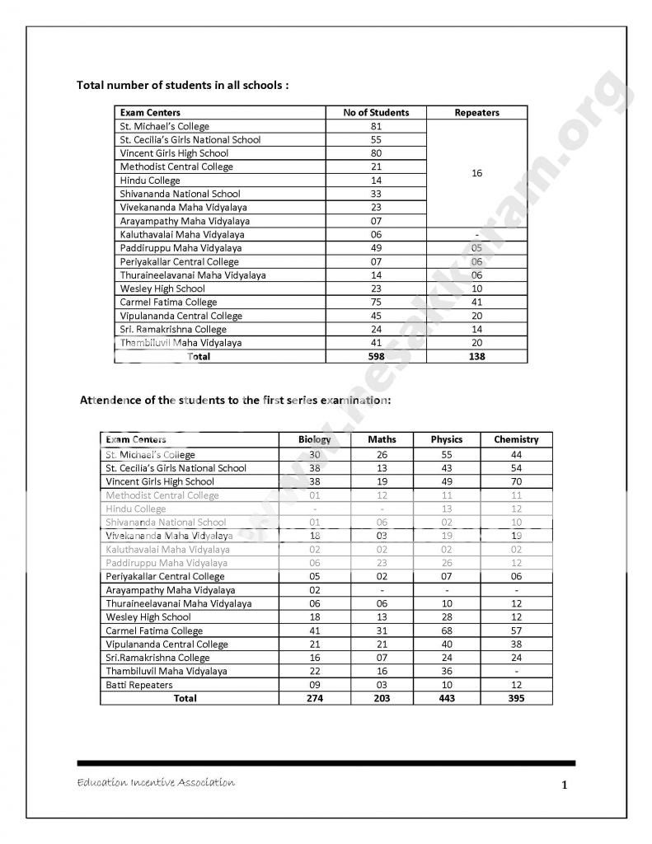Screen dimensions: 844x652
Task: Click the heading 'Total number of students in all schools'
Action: pyautogui.click(x=182, y=85)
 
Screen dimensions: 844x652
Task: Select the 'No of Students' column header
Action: pyautogui.click(x=376, y=112)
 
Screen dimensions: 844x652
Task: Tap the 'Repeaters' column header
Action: pyautogui.click(x=476, y=112)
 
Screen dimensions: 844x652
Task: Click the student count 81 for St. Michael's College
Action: pyautogui.click(x=376, y=126)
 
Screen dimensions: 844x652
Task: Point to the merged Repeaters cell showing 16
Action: pyautogui.click(x=476, y=173)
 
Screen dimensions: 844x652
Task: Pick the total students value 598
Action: pyautogui.click(x=376, y=356)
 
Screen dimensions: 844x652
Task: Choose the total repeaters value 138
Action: pyautogui.click(x=476, y=356)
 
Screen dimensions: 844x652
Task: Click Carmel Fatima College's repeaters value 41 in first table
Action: pyautogui.click(x=476, y=302)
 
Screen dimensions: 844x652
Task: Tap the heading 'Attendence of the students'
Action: pyautogui.click(x=235, y=400)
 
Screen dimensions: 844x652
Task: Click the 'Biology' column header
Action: pyautogui.click(x=314, y=439)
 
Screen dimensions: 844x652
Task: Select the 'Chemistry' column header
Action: pyautogui.click(x=516, y=439)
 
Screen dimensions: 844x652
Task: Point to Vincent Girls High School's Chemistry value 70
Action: pyautogui.click(x=516, y=481)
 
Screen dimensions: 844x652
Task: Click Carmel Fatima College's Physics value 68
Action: pyautogui.click(x=447, y=631)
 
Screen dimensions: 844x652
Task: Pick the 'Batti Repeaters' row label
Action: pyautogui.click(x=139, y=685)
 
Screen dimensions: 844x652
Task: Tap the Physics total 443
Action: pyautogui.click(x=447, y=698)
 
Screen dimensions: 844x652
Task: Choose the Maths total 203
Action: pyautogui.click(x=382, y=698)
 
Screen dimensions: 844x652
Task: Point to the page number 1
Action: pyautogui.click(x=564, y=785)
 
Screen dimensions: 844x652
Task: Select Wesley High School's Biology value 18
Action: pyautogui.click(x=314, y=617)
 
